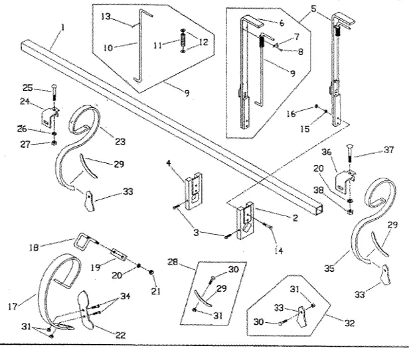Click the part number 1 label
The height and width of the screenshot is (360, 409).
pyautogui.click(x=62, y=28)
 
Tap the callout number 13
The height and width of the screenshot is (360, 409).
pyautogui.click(x=106, y=17)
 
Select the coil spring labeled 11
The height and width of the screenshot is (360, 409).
pyautogui.click(x=183, y=40)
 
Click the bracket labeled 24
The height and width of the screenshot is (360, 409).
pyautogui.click(x=49, y=117)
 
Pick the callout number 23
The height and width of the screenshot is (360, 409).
pyautogui.click(x=120, y=141)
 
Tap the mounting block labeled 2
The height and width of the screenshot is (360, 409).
pyautogui.click(x=245, y=220)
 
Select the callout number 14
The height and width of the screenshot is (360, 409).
pyautogui.click(x=279, y=251)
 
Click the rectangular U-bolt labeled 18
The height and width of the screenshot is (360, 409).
pyautogui.click(x=83, y=240)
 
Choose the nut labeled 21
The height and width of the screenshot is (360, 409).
pyautogui.click(x=151, y=272)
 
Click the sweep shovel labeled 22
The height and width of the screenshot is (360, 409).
pyautogui.click(x=86, y=309)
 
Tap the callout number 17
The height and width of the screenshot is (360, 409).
pyautogui.click(x=13, y=306)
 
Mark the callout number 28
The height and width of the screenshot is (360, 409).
pyautogui.click(x=173, y=262)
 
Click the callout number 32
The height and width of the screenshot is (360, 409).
pyautogui.click(x=349, y=323)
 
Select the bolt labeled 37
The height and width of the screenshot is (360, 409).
pyautogui.click(x=349, y=157)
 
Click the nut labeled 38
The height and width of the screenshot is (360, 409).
pyautogui.click(x=350, y=211)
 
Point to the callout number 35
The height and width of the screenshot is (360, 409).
pyautogui.click(x=329, y=268)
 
